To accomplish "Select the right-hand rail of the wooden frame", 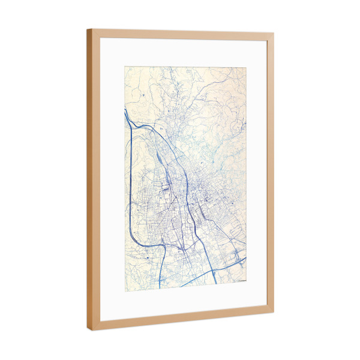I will (x=271, y=174).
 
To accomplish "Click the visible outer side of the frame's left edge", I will (x=89, y=180).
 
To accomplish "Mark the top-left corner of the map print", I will (x=125, y=67).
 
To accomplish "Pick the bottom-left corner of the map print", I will (x=125, y=291).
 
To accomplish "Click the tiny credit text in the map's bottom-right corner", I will (x=239, y=280).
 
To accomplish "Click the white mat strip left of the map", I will (x=112, y=180).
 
